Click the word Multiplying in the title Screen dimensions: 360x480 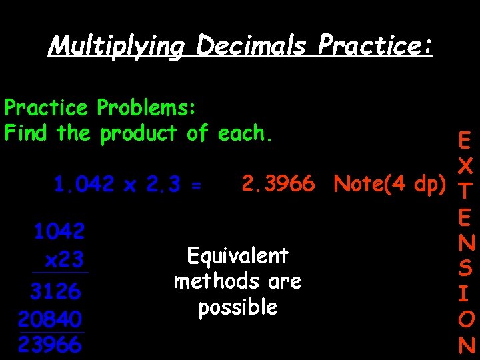point(117,46)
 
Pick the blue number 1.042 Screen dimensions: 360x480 point(85,184)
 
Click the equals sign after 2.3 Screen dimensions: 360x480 point(195,185)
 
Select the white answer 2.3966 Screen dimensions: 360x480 point(277,183)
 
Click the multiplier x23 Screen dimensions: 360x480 point(63,259)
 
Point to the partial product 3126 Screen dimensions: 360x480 point(56,291)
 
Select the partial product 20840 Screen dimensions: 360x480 point(51,318)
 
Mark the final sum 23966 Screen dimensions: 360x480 point(51,345)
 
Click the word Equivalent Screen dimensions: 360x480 point(237,256)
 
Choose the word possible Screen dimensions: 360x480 point(237,307)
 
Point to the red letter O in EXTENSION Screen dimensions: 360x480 point(466,321)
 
